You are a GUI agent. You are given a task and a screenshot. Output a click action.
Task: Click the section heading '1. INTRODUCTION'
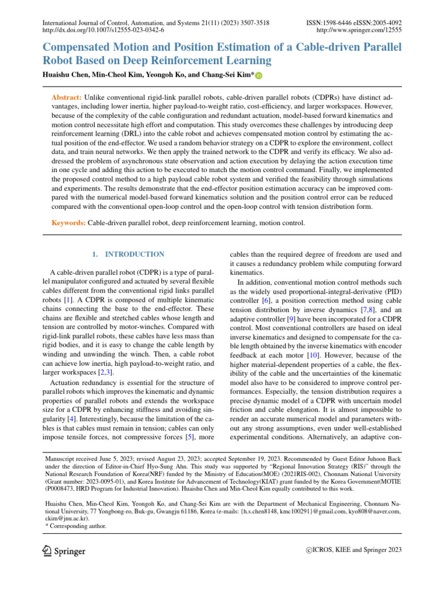pyautogui.click(x=128, y=254)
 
